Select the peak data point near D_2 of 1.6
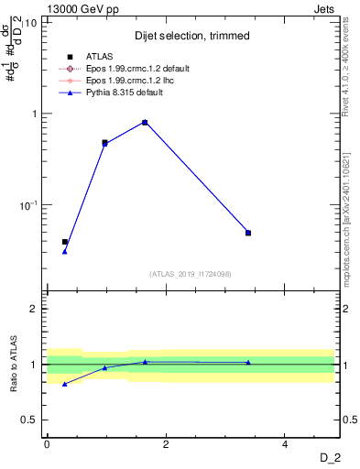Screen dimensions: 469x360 [145, 122]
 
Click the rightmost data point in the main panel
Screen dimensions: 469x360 [248, 233]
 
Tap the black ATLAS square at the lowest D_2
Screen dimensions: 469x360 [64, 242]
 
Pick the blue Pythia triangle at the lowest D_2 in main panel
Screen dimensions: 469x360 [64, 251]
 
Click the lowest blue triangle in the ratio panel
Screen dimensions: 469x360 [64, 384]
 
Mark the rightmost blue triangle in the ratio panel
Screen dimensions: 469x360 [248, 362]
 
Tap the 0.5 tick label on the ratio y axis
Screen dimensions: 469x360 [29, 420]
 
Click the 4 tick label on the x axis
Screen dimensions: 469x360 [285, 444]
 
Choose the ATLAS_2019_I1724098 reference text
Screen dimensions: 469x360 [191, 274]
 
